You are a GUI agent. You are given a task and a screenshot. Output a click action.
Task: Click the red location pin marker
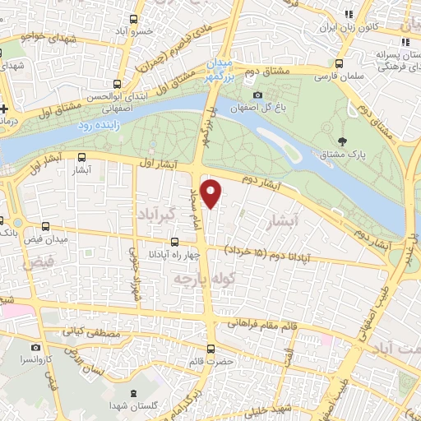pyautogui.click(x=211, y=194)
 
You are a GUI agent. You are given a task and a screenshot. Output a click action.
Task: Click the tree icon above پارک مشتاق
pyautogui.click(x=354, y=141)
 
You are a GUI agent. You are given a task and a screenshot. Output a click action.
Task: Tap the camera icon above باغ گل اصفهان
pyautogui.click(x=236, y=95)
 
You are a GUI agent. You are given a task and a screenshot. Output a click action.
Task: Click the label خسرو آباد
pyautogui.click(x=155, y=30)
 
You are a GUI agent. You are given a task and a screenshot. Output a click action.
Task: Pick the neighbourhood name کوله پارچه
pyautogui.click(x=195, y=280)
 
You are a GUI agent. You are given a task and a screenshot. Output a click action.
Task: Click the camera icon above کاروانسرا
pyautogui.click(x=35, y=347)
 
